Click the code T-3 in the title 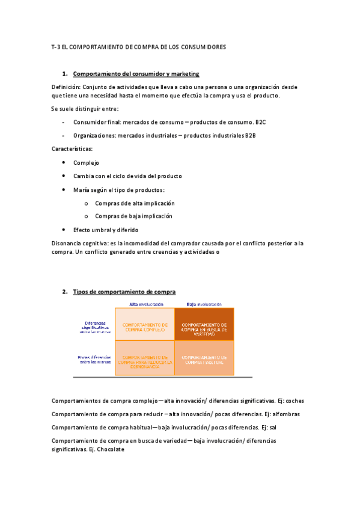(56, 47)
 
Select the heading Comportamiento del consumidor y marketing (136, 74)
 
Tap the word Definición (66, 87)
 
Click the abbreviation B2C (260, 122)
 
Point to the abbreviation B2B (250, 135)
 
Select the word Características (72, 149)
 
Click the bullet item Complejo (86, 162)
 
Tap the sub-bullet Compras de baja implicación (133, 216)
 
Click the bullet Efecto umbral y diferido (106, 230)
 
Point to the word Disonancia (69, 243)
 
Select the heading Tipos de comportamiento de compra (124, 292)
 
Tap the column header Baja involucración (204, 304)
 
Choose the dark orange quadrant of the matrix (204, 325)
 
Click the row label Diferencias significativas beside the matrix (94, 325)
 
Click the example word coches (295, 400)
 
